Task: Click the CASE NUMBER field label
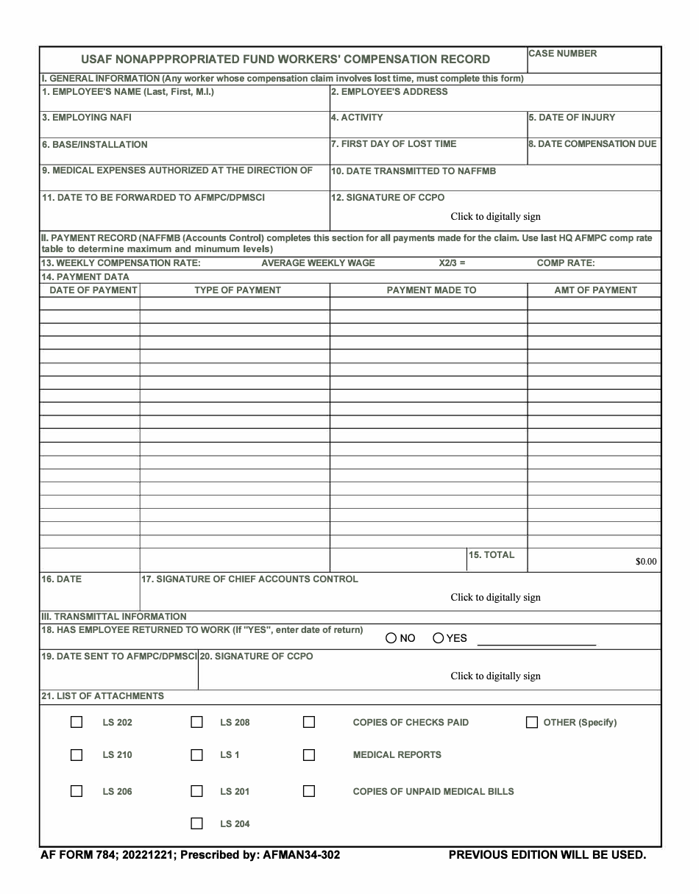[x=563, y=54]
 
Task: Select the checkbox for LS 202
[x=77, y=722]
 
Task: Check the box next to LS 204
[x=196, y=823]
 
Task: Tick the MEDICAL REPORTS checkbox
[x=309, y=754]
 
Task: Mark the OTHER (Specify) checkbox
[x=532, y=722]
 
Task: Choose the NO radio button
[x=391, y=638]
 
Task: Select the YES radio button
[x=439, y=638]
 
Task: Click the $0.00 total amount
[x=645, y=562]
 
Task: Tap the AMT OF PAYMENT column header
[x=595, y=290]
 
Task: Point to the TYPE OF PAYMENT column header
[x=237, y=290]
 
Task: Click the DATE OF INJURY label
[x=572, y=118]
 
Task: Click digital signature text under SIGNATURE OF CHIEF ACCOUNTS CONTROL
[x=495, y=598]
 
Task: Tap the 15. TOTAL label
[x=492, y=555]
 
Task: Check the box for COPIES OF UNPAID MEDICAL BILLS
[x=309, y=791]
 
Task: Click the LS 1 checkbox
[x=196, y=754]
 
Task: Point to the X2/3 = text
[x=448, y=263]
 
